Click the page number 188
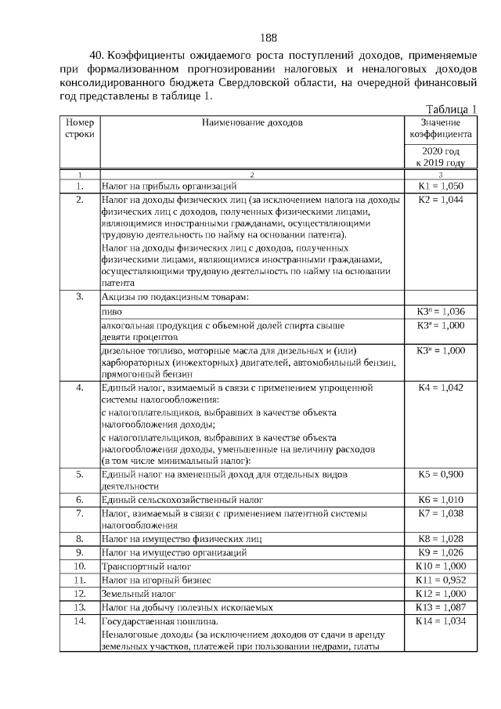tap(269, 38)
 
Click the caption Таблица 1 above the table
tap(451, 109)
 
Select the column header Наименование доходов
tap(251, 123)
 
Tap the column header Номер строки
tap(80, 128)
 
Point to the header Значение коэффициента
tap(441, 128)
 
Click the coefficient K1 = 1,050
tap(441, 186)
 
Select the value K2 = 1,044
tap(441, 201)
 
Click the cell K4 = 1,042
tap(441, 387)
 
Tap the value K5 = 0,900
tap(441, 474)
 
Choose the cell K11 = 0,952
tap(441, 580)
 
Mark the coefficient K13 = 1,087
tap(441, 607)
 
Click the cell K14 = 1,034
tap(441, 621)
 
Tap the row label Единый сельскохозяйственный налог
tap(182, 499)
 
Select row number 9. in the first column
tap(80, 552)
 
